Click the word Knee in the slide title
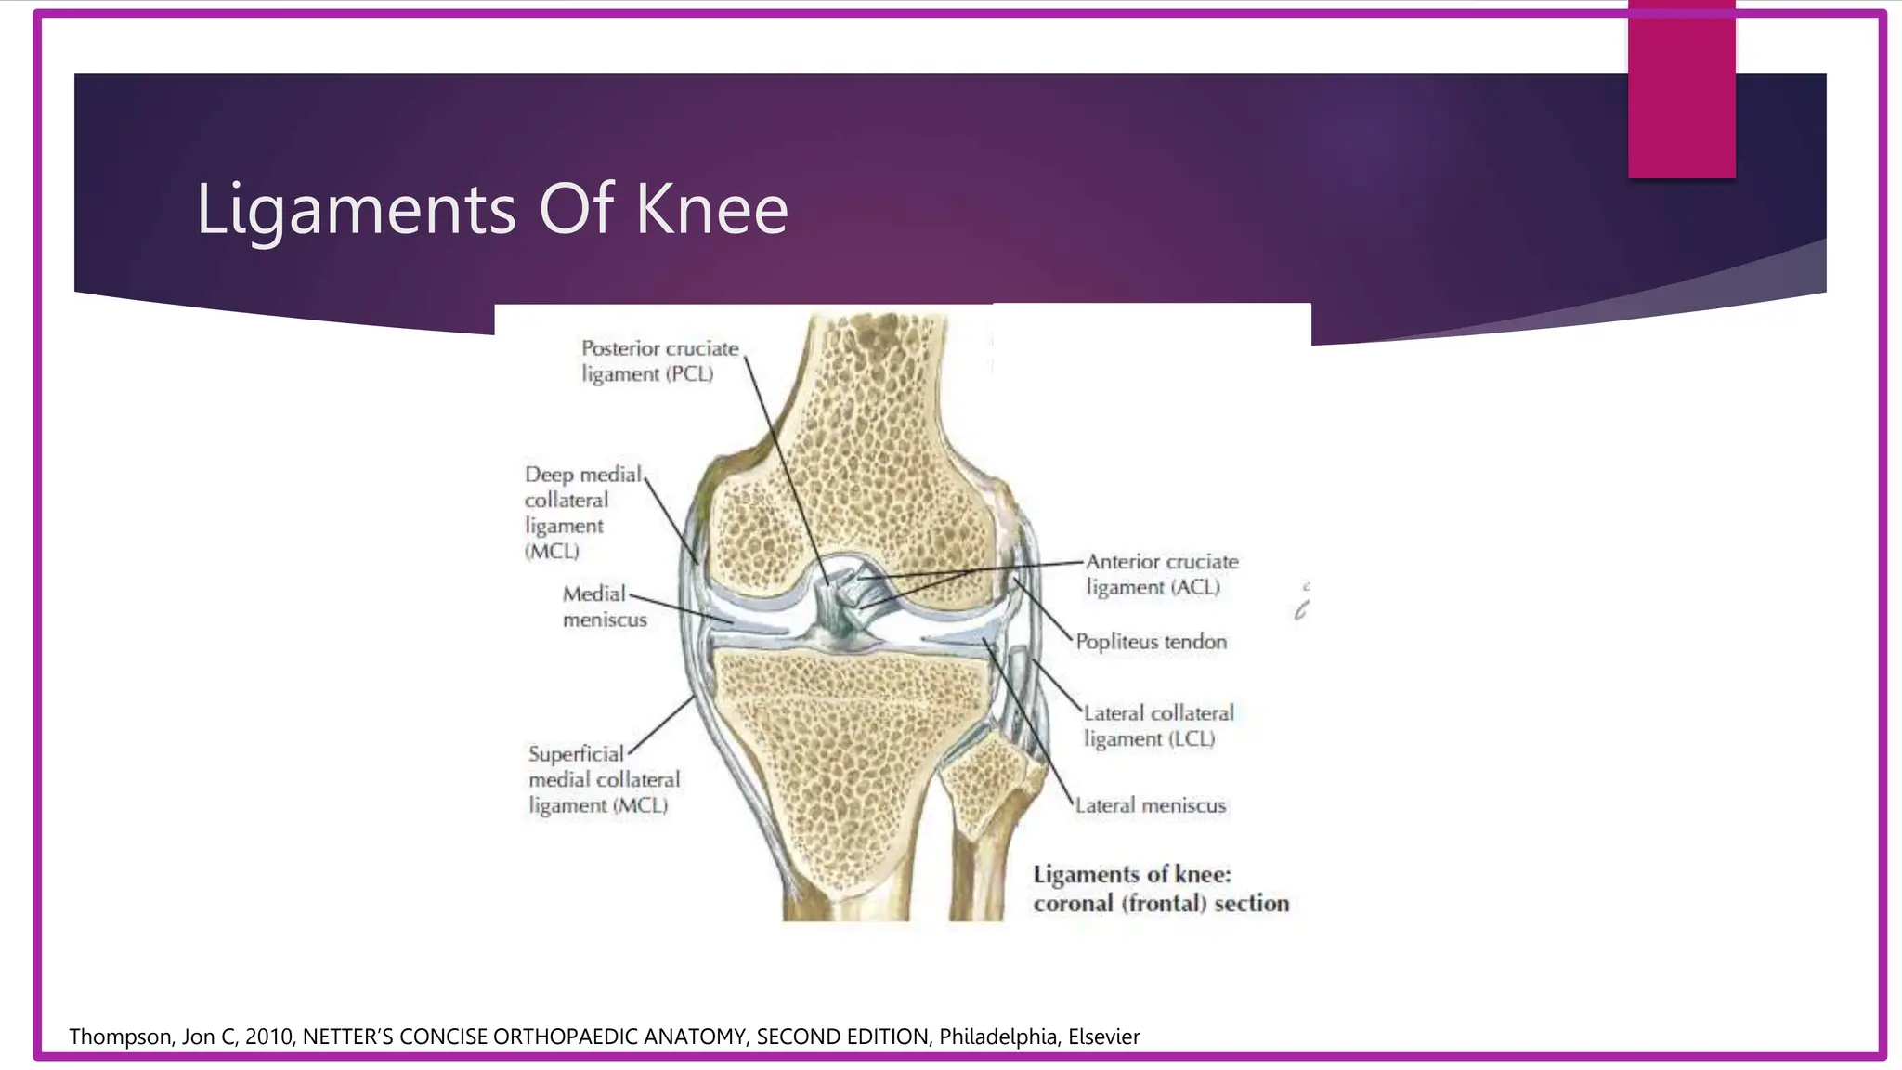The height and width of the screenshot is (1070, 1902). point(711,209)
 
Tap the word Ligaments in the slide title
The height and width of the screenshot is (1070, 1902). point(355,209)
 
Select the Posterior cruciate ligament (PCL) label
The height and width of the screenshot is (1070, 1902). point(658,361)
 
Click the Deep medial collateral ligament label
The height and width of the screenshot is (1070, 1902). point(581,513)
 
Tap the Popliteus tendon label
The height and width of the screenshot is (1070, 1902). point(1151,642)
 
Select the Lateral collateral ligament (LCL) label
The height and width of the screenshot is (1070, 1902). point(1157,726)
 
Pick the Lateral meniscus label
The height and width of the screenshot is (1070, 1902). point(1150,805)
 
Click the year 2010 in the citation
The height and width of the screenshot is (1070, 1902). point(270,1037)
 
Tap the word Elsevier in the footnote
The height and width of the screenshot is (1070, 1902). point(1103,1037)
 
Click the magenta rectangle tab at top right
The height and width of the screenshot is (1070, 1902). point(1681,89)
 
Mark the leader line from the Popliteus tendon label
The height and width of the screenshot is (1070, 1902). point(1044,610)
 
